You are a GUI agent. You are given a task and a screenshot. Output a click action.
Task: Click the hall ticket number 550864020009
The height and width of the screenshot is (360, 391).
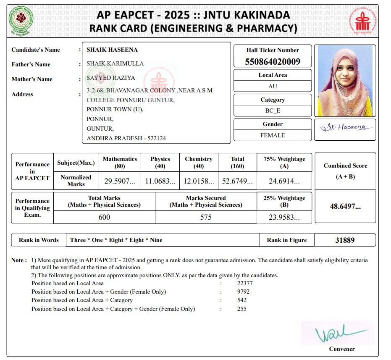[x=273, y=62]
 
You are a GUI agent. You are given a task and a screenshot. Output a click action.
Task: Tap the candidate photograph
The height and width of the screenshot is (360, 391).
[x=345, y=81]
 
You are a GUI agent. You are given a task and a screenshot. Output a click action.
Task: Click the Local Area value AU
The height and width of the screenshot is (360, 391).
[x=273, y=87]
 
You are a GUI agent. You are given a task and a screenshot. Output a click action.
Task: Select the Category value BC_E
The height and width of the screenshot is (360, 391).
[x=273, y=111]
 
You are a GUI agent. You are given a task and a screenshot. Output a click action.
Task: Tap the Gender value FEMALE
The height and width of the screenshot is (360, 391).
[x=273, y=135]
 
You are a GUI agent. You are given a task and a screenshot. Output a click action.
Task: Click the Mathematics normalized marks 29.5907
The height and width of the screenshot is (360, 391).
[x=120, y=181]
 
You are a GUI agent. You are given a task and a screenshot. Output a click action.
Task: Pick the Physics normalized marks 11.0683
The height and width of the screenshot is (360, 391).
[x=160, y=181]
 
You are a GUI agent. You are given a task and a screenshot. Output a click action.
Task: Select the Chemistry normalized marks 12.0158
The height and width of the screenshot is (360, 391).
[x=199, y=181]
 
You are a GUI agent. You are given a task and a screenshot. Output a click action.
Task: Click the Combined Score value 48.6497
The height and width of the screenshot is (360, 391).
[x=345, y=207]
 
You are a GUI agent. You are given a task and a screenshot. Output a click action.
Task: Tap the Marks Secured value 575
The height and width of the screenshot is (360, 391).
[x=206, y=217]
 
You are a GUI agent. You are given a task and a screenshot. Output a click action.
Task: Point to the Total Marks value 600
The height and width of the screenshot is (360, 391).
[x=104, y=217]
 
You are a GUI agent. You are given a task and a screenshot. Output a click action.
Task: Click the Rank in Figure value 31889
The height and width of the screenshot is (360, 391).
[x=345, y=240]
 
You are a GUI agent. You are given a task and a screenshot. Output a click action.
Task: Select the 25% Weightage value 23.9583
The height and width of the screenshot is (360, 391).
[x=284, y=217]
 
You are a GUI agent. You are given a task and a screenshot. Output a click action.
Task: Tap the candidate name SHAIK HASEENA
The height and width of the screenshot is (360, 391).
[x=112, y=50]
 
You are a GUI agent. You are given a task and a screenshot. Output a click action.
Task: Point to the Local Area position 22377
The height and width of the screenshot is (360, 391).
[x=245, y=283]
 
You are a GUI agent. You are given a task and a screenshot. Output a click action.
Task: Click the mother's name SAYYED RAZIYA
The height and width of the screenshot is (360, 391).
[x=111, y=78]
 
